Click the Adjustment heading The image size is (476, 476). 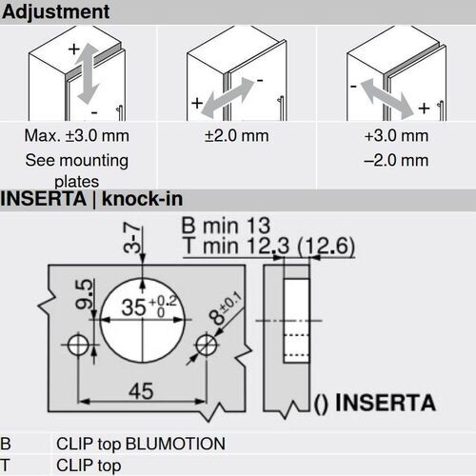(55, 12)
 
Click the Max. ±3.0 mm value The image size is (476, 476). (76, 137)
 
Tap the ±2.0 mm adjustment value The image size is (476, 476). (236, 137)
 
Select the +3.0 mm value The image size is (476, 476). (395, 137)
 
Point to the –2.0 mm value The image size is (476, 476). (395, 160)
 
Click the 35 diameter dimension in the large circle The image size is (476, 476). (138, 307)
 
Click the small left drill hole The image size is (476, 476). (79, 342)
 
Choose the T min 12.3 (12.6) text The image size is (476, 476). (268, 248)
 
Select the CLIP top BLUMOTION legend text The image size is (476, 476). (140, 444)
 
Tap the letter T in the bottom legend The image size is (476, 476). (6, 466)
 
